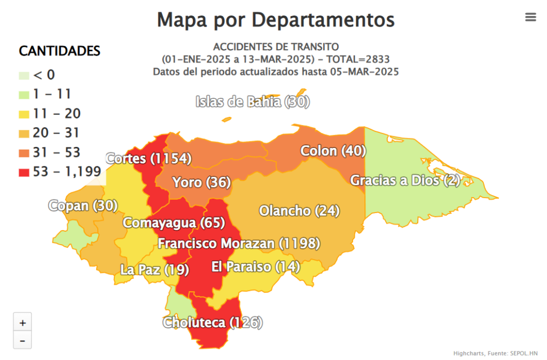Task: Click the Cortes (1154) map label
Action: click(x=149, y=159)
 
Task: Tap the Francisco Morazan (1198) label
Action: click(x=239, y=244)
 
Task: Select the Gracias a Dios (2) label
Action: click(x=405, y=181)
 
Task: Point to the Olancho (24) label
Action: click(x=299, y=211)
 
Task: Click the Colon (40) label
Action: click(x=333, y=151)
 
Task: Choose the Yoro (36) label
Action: click(x=201, y=183)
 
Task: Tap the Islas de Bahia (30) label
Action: click(x=253, y=102)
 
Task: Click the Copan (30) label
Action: click(x=83, y=206)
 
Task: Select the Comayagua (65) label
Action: click(x=174, y=223)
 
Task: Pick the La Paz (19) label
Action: click(x=154, y=270)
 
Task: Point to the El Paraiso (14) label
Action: click(x=255, y=267)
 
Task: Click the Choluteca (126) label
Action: click(x=213, y=323)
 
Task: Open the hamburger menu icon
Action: click(x=530, y=17)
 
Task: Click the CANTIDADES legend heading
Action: click(x=59, y=51)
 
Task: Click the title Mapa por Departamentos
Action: click(x=276, y=20)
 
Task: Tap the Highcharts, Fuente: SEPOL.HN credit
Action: click(x=495, y=354)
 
